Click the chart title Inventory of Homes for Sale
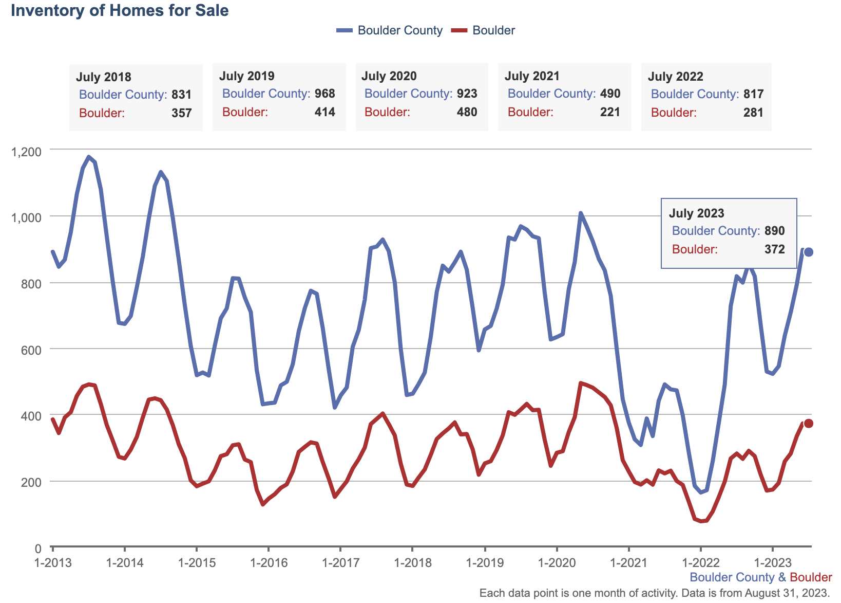[x=120, y=11]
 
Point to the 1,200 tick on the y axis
[x=27, y=152]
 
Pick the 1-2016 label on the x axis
[x=269, y=563]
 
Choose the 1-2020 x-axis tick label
[x=557, y=563]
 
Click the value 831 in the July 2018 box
[x=181, y=95]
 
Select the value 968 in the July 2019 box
[x=324, y=94]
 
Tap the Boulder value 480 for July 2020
[x=467, y=112]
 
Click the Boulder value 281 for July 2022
[x=753, y=113]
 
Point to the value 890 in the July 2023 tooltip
[x=774, y=231]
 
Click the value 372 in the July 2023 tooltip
[x=774, y=249]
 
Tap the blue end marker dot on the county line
[x=808, y=252]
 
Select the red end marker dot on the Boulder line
[x=808, y=423]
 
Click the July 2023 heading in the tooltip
[x=696, y=213]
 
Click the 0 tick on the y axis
[x=37, y=549]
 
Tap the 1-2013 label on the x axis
[x=53, y=563]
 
